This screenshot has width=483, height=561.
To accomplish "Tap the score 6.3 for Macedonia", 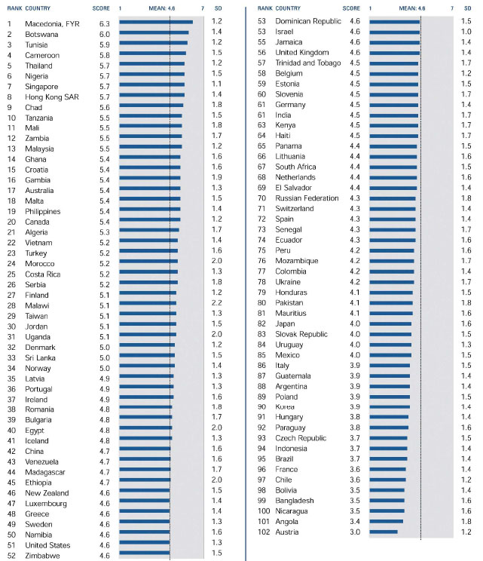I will (x=105, y=23).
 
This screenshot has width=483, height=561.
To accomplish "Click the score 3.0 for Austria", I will (x=355, y=532).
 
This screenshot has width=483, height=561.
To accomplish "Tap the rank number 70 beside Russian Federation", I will (x=262, y=198).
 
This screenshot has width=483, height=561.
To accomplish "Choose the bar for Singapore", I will (x=151, y=86).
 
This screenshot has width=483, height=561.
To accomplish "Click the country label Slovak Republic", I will (x=301, y=334).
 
